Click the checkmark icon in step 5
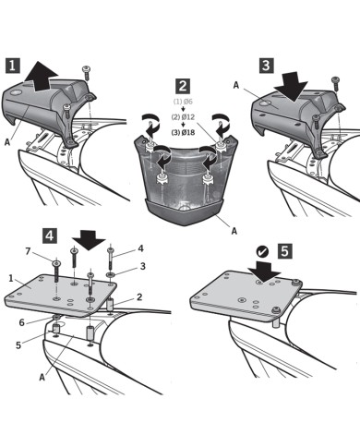262,249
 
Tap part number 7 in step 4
28,252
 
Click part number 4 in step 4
140,248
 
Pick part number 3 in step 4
142,266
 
